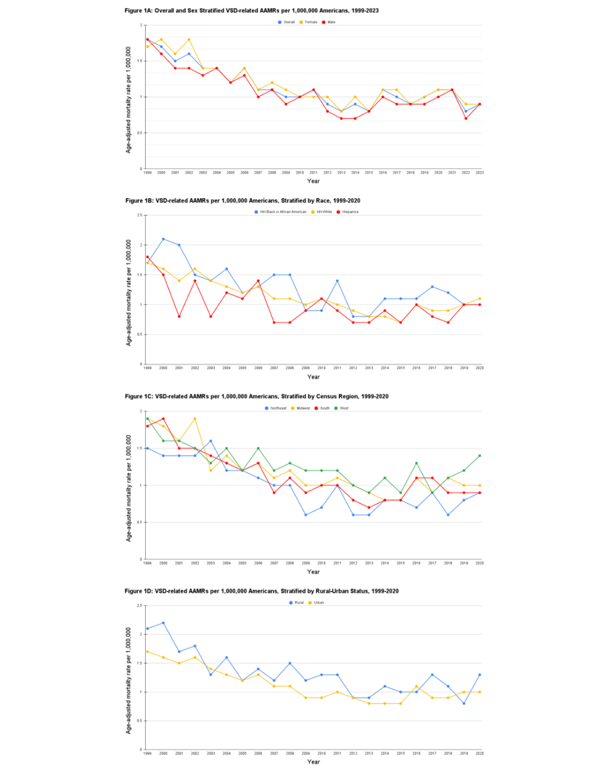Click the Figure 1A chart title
click(252, 11)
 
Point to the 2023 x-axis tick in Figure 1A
click(479, 172)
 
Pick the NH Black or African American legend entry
click(282, 212)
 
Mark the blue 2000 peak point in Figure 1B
click(163, 239)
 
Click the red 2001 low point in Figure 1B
click(179, 316)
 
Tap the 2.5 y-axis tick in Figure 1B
click(140, 215)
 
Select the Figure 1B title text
click(243, 201)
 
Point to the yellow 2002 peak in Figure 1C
click(195, 419)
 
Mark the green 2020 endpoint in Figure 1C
click(479, 456)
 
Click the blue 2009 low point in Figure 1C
click(306, 515)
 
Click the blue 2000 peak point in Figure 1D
click(163, 623)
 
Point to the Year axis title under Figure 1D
click(313, 762)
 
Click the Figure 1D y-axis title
click(128, 680)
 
